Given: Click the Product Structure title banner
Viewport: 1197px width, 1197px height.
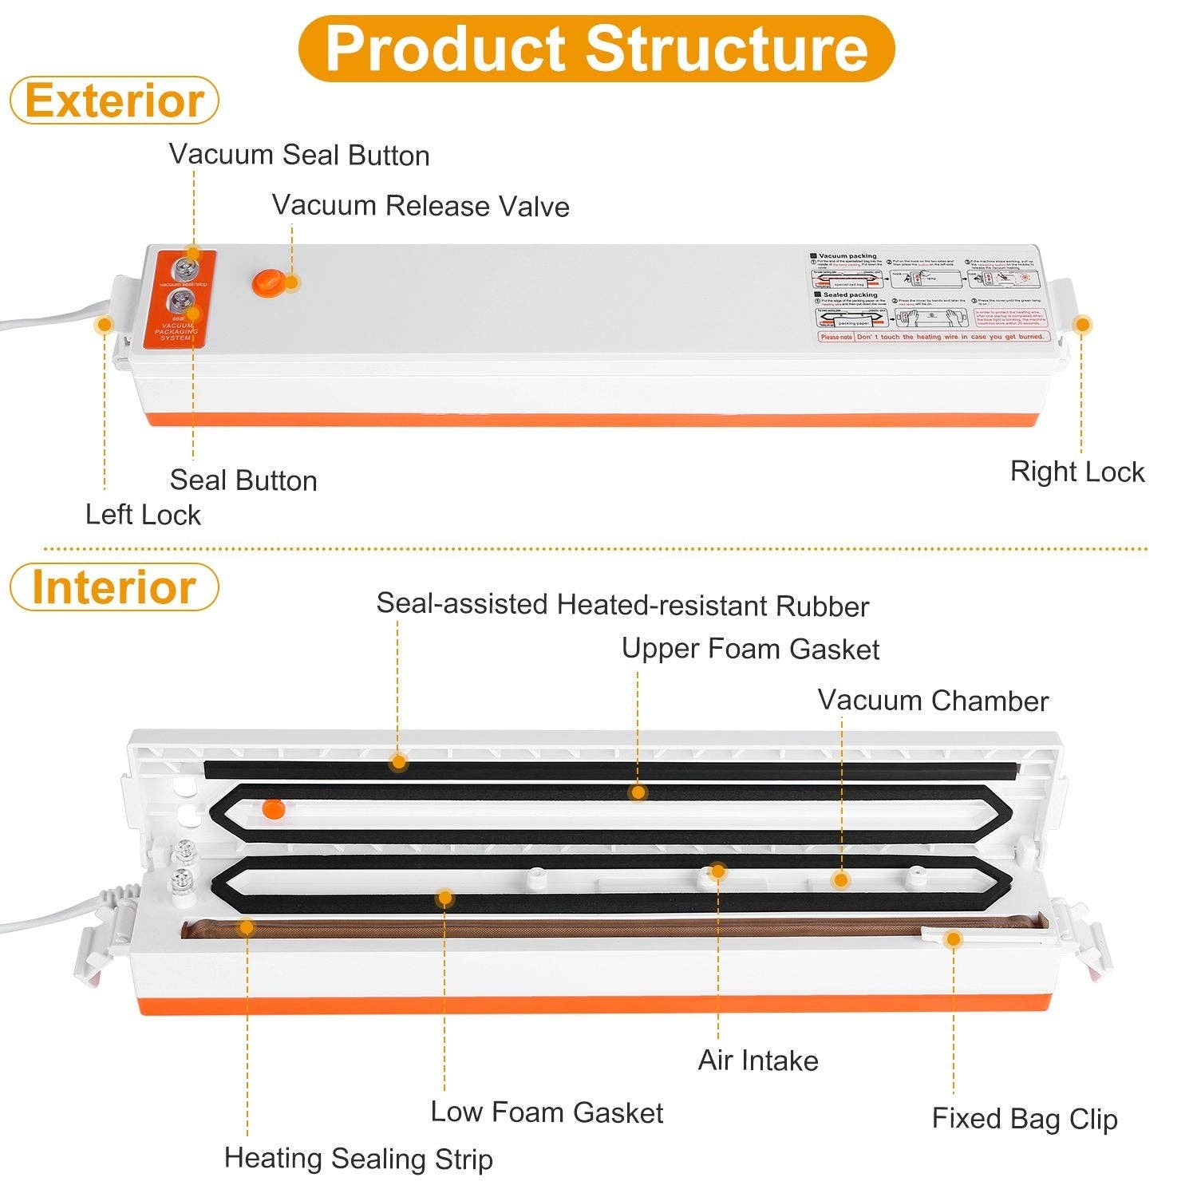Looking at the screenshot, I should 596,49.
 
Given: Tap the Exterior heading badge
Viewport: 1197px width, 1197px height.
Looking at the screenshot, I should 114,101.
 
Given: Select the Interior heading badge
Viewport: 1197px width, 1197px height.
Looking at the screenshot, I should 114,587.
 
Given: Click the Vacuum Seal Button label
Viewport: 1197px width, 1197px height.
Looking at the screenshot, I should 299,155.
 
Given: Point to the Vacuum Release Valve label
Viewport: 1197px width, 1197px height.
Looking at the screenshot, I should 421,206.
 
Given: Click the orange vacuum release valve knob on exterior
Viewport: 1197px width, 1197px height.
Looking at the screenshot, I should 266,282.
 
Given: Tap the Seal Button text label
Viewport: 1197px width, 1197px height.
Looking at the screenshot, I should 243,480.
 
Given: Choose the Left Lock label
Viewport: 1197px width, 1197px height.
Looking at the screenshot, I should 143,515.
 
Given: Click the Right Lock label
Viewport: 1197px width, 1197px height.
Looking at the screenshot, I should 1077,472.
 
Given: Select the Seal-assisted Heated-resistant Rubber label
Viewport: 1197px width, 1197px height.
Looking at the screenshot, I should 622,605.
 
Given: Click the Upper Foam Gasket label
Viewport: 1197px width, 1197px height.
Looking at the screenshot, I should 750,649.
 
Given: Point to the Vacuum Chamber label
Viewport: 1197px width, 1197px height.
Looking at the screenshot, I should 933,701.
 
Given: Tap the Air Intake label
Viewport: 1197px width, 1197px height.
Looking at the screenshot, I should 758,1061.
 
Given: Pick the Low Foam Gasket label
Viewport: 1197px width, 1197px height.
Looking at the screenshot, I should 547,1112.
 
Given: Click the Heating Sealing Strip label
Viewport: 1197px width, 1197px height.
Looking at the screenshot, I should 358,1159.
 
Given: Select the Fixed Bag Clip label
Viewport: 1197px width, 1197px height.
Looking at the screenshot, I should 1025,1119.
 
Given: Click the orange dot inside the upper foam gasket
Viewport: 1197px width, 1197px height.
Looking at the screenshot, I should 273,808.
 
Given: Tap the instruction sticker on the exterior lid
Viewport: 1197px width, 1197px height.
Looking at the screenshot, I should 928,297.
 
